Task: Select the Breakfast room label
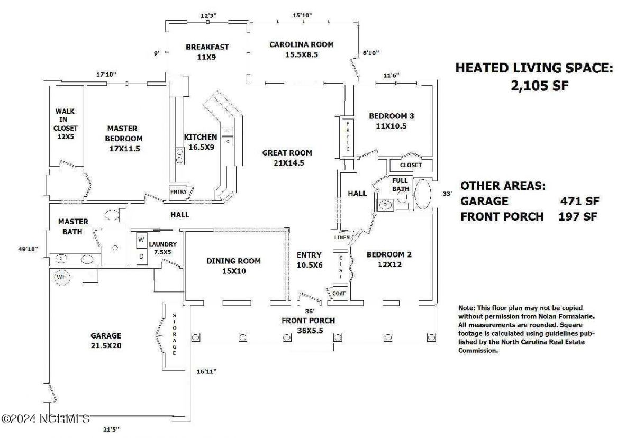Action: tap(207, 51)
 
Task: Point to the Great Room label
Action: tap(287, 158)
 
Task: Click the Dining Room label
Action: tap(233, 266)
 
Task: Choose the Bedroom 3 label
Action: tap(391, 121)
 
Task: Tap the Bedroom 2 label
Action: tap(389, 259)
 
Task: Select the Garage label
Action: tap(106, 340)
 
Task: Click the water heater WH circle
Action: tap(62, 277)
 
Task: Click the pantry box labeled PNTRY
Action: tap(178, 191)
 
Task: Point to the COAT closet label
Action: tap(339, 294)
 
